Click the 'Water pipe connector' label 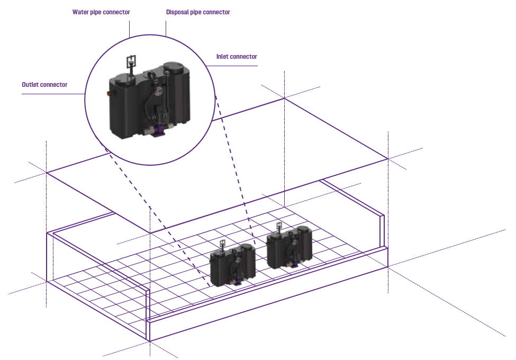point(101,12)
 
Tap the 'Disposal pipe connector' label point(198,12)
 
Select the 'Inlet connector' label point(237,57)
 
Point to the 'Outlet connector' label point(44,85)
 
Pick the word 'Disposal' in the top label point(177,12)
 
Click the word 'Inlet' point(222,57)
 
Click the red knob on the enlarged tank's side point(109,94)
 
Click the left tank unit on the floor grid point(232,265)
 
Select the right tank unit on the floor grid point(289,246)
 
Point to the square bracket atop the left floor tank point(223,244)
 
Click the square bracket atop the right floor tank point(279,226)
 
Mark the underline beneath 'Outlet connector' point(53,94)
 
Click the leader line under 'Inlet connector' point(232,66)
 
